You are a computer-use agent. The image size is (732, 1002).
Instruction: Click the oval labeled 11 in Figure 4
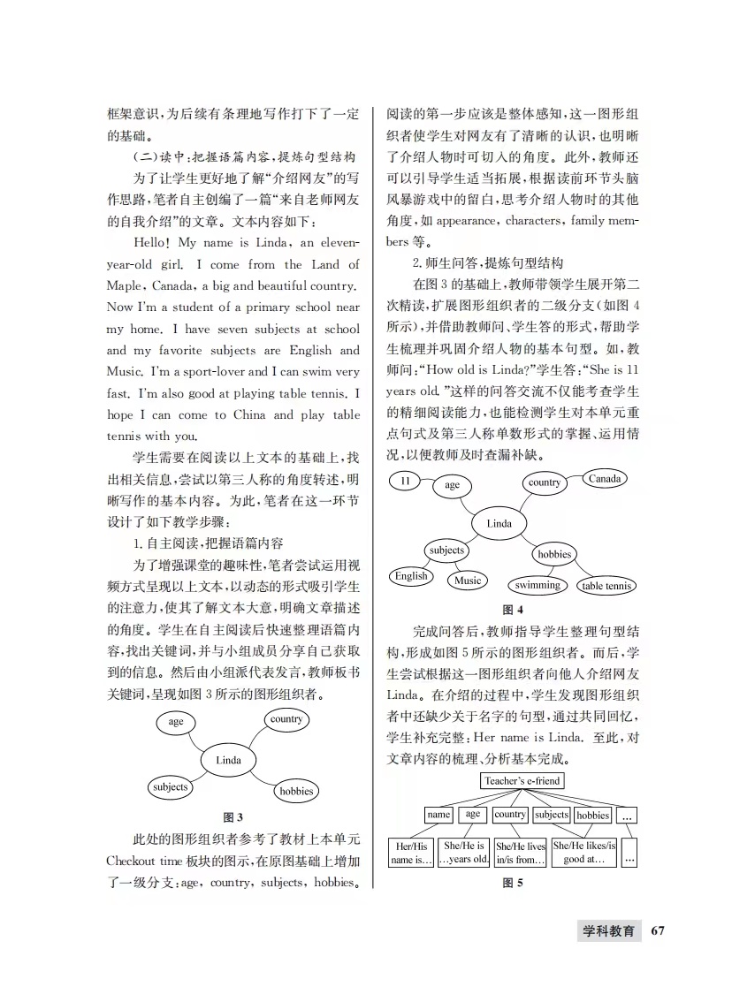pos(406,482)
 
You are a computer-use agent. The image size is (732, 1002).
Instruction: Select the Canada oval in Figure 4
pos(605,479)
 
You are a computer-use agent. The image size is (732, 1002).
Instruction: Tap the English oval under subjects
pos(411,576)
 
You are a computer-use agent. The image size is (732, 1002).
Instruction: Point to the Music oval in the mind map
pos(468,581)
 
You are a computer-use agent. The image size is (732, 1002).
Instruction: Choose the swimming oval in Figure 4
pos(538,585)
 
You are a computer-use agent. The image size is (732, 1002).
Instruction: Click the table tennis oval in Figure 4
pos(606,586)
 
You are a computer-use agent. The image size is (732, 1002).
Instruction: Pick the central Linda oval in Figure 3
pos(228,760)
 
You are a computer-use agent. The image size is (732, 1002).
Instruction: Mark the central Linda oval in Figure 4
pos(499,524)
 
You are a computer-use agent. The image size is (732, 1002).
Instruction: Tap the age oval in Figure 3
pos(176,722)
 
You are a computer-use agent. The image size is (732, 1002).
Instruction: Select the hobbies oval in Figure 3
pos(296,791)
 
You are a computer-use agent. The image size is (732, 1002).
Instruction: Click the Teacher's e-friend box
pos(522,781)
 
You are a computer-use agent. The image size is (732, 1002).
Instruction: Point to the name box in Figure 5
pos(438,815)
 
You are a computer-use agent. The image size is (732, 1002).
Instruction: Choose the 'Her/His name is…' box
pos(410,853)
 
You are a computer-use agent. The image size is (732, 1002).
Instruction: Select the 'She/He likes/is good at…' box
pos(583,853)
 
